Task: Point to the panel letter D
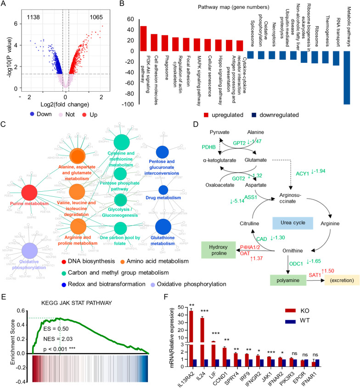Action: point(198,124)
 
